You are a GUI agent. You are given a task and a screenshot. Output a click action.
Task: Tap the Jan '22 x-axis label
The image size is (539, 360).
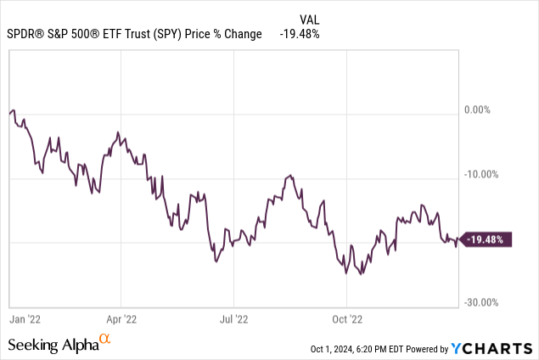(x=25, y=320)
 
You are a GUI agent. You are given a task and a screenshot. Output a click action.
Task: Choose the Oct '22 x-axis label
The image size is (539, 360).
(x=346, y=320)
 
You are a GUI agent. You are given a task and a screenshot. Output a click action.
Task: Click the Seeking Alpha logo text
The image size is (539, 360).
(x=53, y=345)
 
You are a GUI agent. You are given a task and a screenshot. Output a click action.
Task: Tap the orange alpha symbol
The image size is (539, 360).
(x=105, y=340)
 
